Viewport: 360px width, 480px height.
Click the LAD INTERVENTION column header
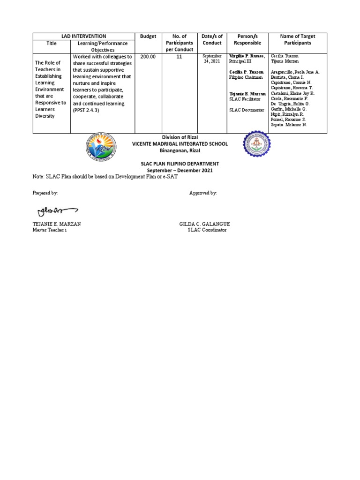tap(83, 36)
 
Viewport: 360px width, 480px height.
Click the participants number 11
tap(179, 56)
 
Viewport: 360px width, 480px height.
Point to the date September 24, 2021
tap(212, 58)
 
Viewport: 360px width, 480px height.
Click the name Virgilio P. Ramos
tap(247, 56)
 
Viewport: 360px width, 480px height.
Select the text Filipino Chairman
tap(246, 77)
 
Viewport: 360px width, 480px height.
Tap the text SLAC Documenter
tap(246, 110)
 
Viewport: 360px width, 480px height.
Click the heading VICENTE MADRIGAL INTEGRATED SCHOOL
tap(180, 144)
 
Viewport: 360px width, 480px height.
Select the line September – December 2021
tap(180, 170)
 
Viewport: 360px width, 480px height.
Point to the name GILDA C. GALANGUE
tap(204, 225)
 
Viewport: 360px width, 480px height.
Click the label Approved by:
tap(203, 193)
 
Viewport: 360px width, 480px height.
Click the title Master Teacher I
tap(49, 230)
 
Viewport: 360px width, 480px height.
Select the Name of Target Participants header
tap(297, 39)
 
